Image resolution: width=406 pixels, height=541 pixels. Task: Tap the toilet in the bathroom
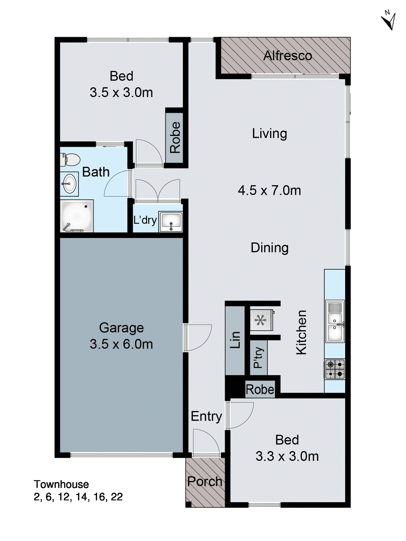[70, 160]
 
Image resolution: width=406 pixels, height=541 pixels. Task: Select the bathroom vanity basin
[69, 184]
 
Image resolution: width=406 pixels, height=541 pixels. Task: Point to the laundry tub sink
[171, 222]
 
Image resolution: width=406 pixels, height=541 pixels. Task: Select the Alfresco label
[287, 56]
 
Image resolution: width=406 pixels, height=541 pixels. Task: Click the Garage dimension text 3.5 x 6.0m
[121, 344]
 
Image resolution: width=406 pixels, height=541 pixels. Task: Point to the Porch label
[205, 481]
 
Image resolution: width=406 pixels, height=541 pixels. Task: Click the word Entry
[206, 416]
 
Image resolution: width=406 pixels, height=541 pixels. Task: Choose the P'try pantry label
[258, 357]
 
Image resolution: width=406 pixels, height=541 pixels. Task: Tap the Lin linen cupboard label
[235, 340]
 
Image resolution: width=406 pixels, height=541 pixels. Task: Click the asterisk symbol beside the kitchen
[261, 320]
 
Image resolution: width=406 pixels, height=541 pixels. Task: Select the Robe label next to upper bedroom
[175, 138]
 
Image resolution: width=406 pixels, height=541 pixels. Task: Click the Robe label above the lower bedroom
[260, 390]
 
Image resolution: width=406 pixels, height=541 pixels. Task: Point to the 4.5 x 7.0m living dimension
[269, 190]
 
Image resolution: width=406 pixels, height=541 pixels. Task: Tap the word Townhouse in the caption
[61, 484]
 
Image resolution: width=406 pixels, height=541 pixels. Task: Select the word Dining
[269, 248]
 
